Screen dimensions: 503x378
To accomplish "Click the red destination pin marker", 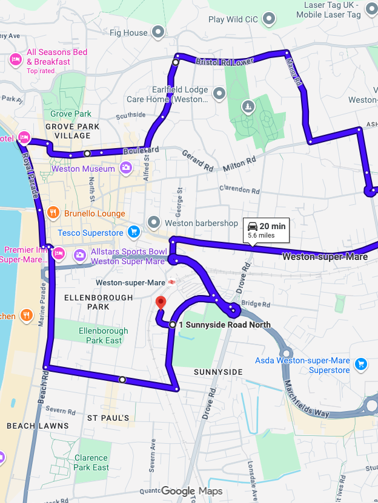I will pyautogui.click(x=161, y=303).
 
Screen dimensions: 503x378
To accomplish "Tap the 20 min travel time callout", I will pyautogui.click(x=267, y=230).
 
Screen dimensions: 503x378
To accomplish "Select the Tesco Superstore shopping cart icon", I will pyautogui.click(x=134, y=232).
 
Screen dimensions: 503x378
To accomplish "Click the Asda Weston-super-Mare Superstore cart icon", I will pyautogui.click(x=361, y=363).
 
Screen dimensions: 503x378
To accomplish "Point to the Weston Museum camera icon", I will pyautogui.click(x=125, y=168).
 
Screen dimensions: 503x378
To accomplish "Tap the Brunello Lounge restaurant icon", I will pyautogui.click(x=53, y=213).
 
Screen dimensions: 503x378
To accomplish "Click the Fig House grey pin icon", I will pyautogui.click(x=158, y=31).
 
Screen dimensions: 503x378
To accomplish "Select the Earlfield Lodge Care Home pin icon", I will pyautogui.click(x=219, y=93).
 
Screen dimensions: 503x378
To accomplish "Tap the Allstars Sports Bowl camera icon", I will pyautogui.click(x=79, y=255).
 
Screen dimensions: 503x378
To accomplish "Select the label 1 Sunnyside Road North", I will pyautogui.click(x=224, y=325).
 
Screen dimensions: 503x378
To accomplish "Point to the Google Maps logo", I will pyautogui.click(x=191, y=491).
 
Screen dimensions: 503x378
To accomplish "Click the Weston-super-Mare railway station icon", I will pyautogui.click(x=173, y=282).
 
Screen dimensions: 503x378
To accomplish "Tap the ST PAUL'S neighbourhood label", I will pyautogui.click(x=108, y=418).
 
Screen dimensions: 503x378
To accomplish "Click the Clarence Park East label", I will pyautogui.click(x=91, y=462).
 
